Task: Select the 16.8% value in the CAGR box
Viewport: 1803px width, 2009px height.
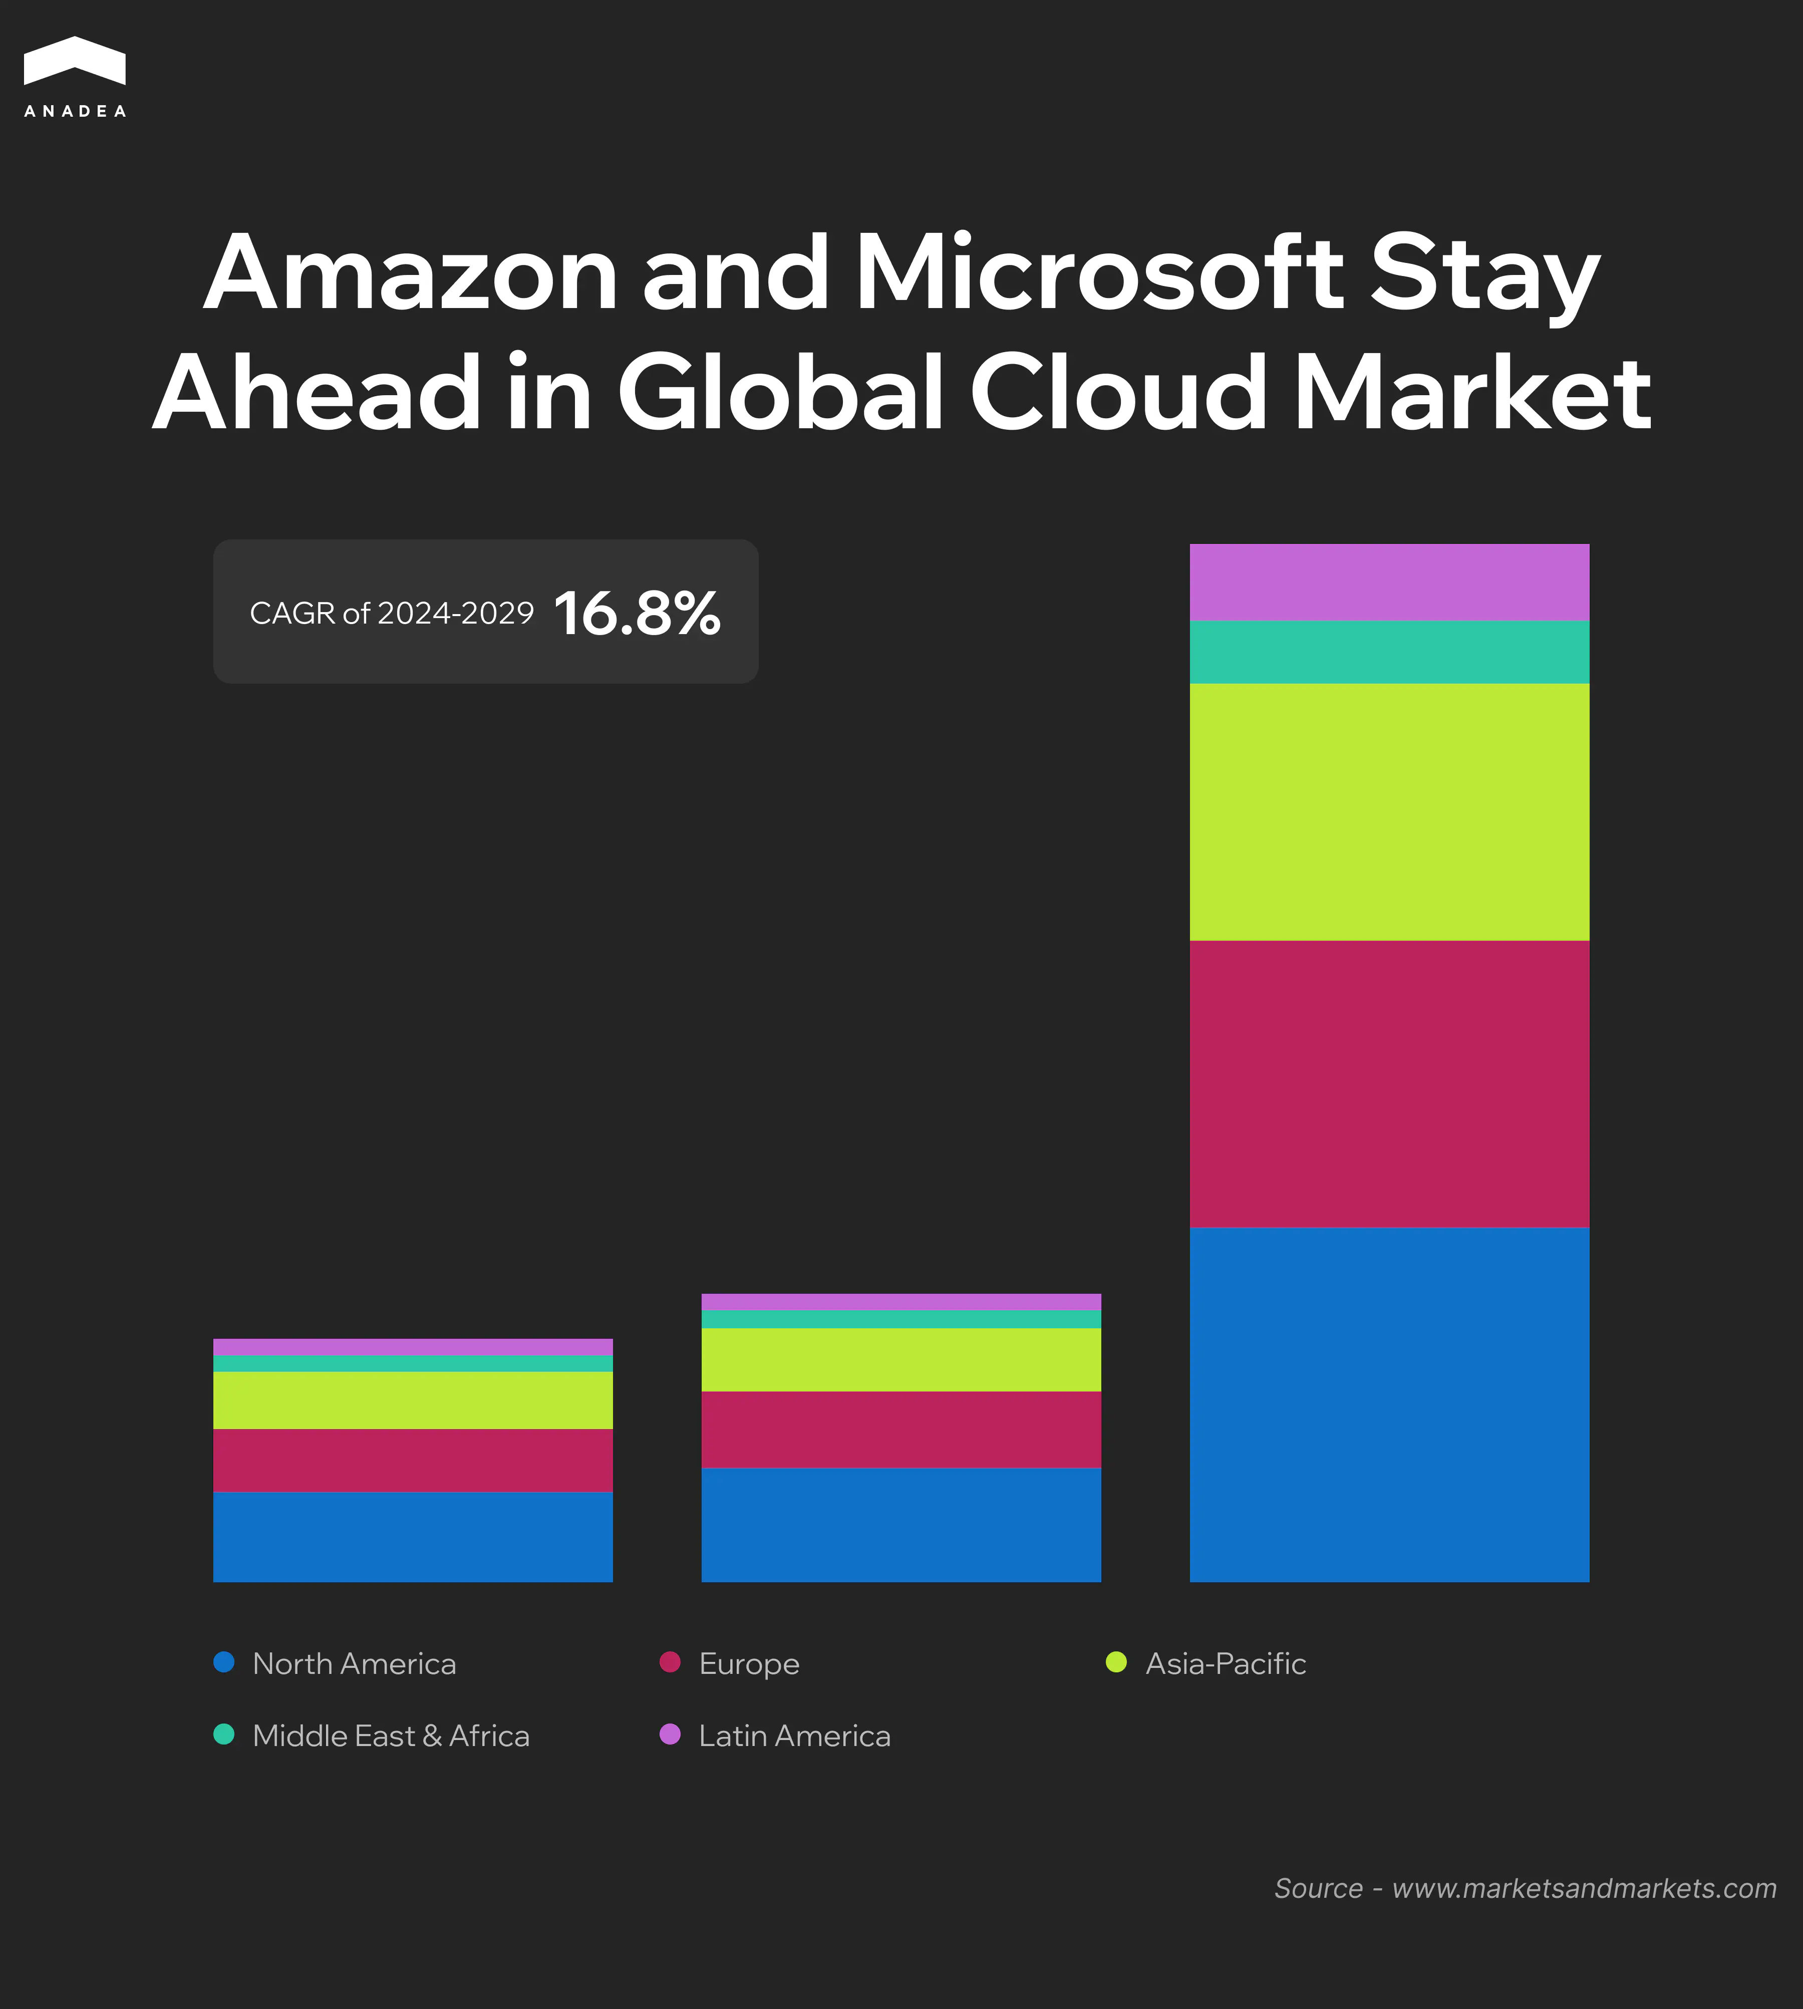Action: click(637, 613)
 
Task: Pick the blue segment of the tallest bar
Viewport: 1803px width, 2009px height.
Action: click(1389, 1404)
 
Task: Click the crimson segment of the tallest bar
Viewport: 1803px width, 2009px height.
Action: click(1389, 1084)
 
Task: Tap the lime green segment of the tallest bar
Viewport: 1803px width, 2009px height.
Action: click(1389, 811)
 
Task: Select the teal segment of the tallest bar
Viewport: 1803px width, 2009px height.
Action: click(1389, 652)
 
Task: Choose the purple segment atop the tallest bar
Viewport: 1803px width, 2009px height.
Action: click(1389, 583)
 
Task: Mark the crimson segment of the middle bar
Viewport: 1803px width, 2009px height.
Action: click(900, 1429)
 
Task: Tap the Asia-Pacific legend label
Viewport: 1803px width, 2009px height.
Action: click(1226, 1663)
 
